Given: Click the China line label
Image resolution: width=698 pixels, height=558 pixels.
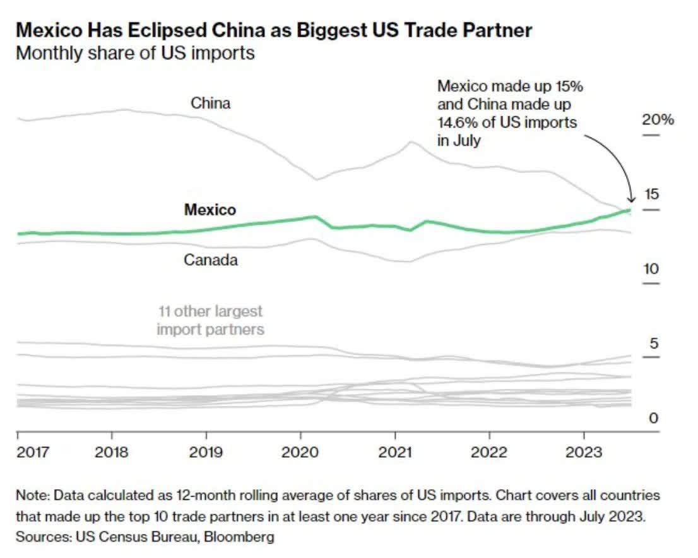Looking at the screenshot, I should pyautogui.click(x=211, y=103).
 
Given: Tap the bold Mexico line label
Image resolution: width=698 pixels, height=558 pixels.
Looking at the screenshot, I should pyautogui.click(x=210, y=210).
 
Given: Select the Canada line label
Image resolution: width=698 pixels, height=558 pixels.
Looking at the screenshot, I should pyautogui.click(x=211, y=259).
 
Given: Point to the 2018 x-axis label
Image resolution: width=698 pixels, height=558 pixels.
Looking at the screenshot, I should pyautogui.click(x=112, y=453).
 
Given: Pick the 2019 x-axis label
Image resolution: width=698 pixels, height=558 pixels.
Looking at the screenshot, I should pyautogui.click(x=206, y=453).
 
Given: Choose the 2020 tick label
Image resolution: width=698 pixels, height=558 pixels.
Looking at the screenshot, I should pyautogui.click(x=300, y=453).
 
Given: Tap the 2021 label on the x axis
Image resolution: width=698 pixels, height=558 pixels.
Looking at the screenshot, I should pyautogui.click(x=395, y=453).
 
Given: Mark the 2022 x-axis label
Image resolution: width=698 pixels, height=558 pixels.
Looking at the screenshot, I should pyautogui.click(x=489, y=453).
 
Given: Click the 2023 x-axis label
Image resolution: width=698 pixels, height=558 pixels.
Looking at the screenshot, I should pyautogui.click(x=584, y=453).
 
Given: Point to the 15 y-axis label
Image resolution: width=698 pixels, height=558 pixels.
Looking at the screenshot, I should pyautogui.click(x=651, y=194).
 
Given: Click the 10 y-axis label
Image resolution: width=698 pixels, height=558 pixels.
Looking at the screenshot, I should pyautogui.click(x=651, y=269).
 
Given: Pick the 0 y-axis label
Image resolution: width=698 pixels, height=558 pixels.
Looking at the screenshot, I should pyautogui.click(x=654, y=418).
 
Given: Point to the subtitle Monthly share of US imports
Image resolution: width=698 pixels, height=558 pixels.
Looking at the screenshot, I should pyautogui.click(x=135, y=52).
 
